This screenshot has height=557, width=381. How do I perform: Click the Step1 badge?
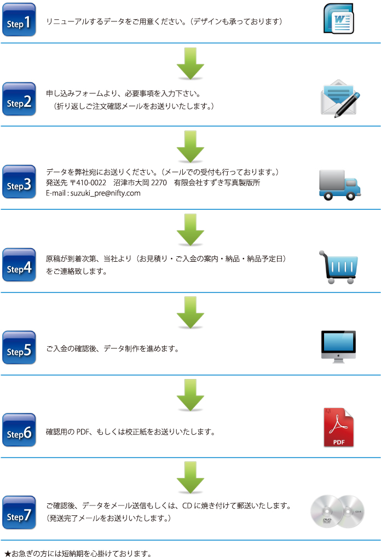coord(19,20)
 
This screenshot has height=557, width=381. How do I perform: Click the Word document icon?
coord(338,20)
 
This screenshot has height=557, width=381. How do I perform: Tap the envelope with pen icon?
coord(339,99)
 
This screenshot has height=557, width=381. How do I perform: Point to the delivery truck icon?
coord(340,183)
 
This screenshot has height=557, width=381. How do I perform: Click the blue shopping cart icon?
coord(339,267)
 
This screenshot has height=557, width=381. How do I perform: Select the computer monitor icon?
coord(338,347)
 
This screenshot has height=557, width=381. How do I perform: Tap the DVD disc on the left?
coord(327,512)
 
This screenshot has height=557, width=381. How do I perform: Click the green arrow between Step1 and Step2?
coord(190,63)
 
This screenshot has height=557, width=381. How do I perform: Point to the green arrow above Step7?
coord(190,476)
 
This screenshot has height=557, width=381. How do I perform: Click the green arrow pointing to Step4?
coord(190,229)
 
